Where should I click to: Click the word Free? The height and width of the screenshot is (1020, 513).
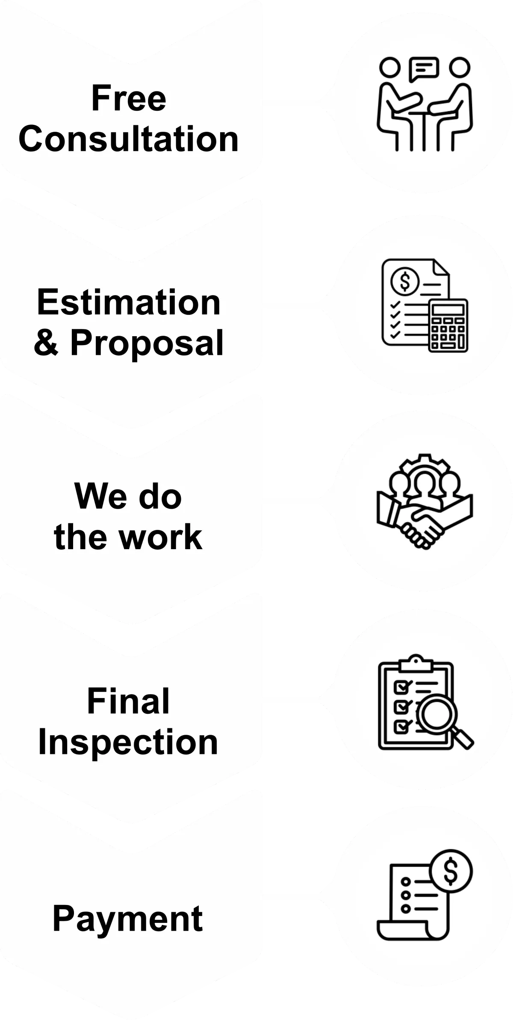tap(129, 98)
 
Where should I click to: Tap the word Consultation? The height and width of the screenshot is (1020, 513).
tap(128, 139)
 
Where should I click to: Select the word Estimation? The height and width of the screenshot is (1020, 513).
tap(129, 302)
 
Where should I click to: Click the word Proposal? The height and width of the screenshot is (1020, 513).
tap(147, 343)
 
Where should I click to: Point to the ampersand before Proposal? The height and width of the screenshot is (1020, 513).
tap(46, 343)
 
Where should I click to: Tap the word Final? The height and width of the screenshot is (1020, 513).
tap(128, 701)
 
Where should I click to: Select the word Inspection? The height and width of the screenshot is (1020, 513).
tap(128, 742)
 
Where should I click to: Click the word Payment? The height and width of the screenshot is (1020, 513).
tap(127, 919)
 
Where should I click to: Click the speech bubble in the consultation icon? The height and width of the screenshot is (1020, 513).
tap(424, 68)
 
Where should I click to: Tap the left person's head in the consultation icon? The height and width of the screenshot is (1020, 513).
tap(389, 68)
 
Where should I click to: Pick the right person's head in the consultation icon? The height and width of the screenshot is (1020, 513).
tap(460, 68)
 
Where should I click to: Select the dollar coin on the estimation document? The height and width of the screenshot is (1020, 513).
tap(404, 281)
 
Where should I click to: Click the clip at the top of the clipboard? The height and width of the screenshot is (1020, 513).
tap(416, 663)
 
